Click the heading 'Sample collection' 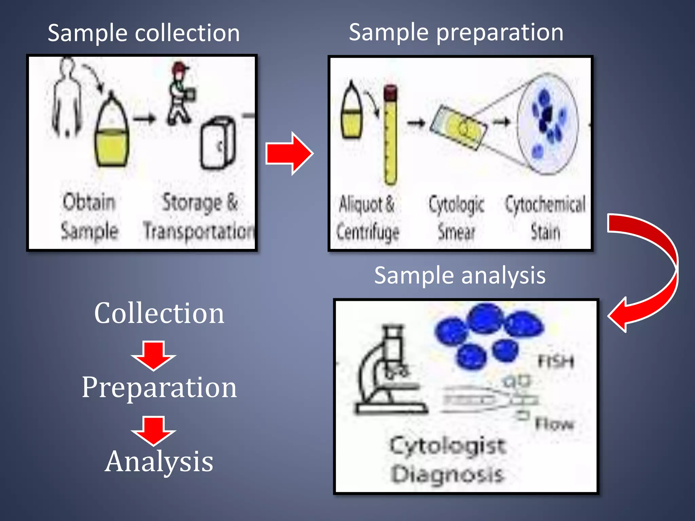[144, 33]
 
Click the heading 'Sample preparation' [456, 33]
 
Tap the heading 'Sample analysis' [460, 275]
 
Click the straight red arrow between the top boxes [288, 154]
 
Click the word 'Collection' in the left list [159, 313]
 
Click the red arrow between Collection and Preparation [153, 355]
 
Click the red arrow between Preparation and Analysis [153, 430]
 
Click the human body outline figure [67, 98]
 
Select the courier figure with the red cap [180, 93]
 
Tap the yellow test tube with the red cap [390, 136]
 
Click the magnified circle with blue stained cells [547, 124]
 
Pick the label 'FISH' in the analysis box [556, 362]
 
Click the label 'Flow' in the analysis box [554, 424]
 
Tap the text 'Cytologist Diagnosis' [448, 460]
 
